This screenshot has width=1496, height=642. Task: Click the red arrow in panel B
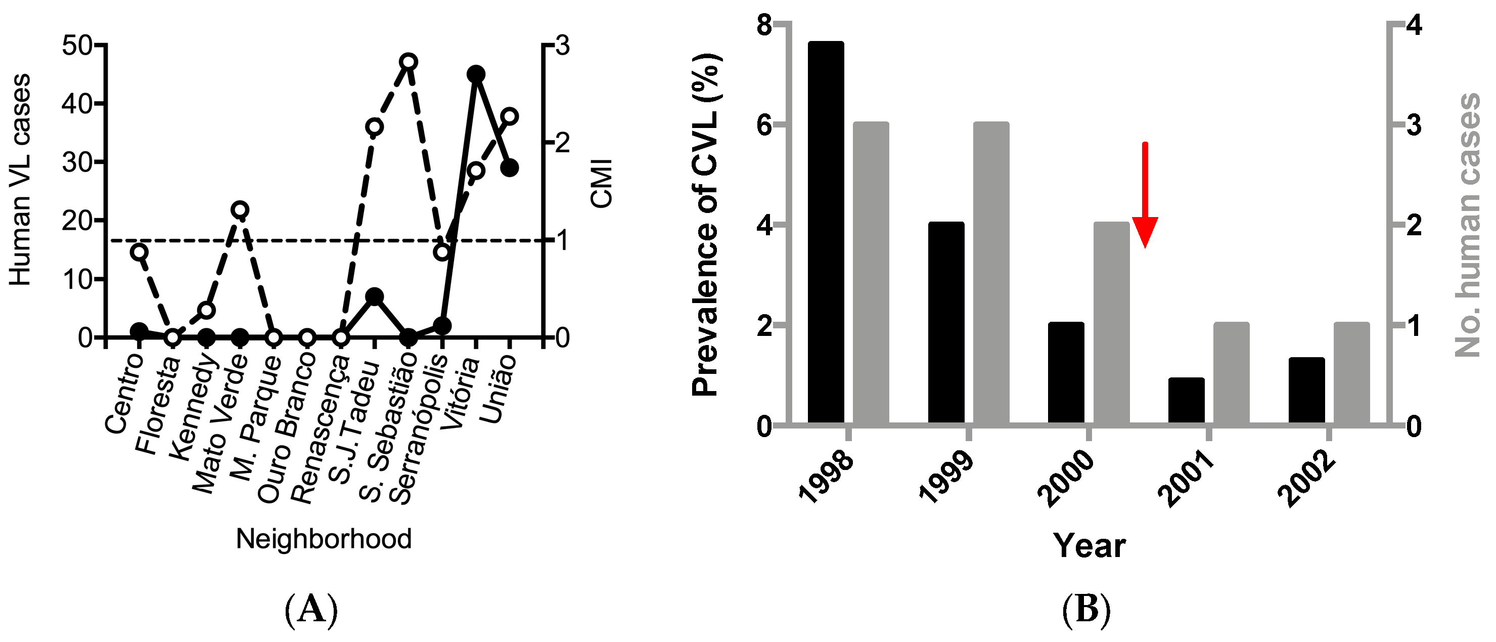[1145, 197]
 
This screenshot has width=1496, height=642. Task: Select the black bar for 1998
[826, 232]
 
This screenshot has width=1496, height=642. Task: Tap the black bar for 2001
[1187, 400]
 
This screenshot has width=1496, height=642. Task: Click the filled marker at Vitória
[476, 74]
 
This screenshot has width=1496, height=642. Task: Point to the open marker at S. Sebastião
[409, 62]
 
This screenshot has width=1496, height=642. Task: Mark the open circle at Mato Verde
[240, 209]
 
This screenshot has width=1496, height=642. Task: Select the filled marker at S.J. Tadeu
[375, 296]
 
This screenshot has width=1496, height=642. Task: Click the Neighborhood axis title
[324, 539]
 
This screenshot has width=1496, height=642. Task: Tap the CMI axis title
[602, 183]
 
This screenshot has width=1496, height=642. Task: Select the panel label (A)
[311, 610]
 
